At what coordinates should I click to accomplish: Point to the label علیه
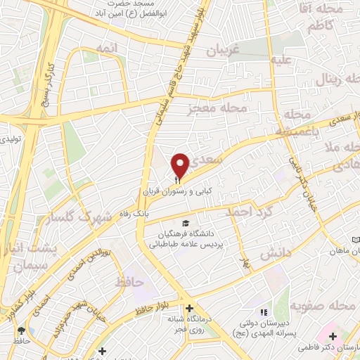tap(282, 60)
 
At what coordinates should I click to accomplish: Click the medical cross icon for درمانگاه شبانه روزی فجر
tap(189, 307)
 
